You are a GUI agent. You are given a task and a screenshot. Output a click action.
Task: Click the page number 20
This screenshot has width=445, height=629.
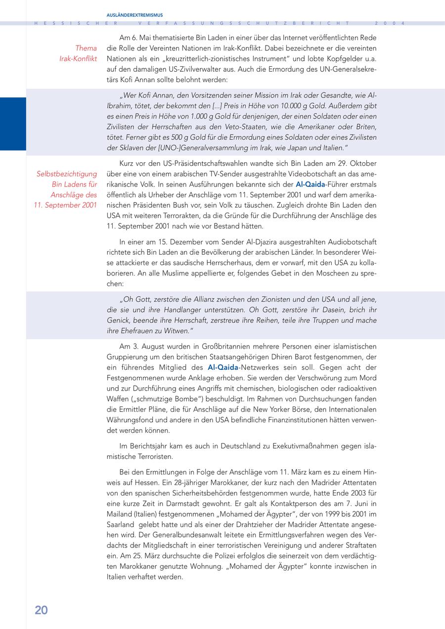[x=41, y=610]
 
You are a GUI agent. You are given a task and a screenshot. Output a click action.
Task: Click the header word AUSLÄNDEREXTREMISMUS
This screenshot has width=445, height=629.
[x=134, y=15]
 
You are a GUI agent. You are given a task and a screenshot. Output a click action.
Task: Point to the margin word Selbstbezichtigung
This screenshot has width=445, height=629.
[x=67, y=174]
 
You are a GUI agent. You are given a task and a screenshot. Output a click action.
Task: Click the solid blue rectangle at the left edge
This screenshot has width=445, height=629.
[x=13, y=124]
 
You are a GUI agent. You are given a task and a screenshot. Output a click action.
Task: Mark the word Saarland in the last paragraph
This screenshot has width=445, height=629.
[x=120, y=524]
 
